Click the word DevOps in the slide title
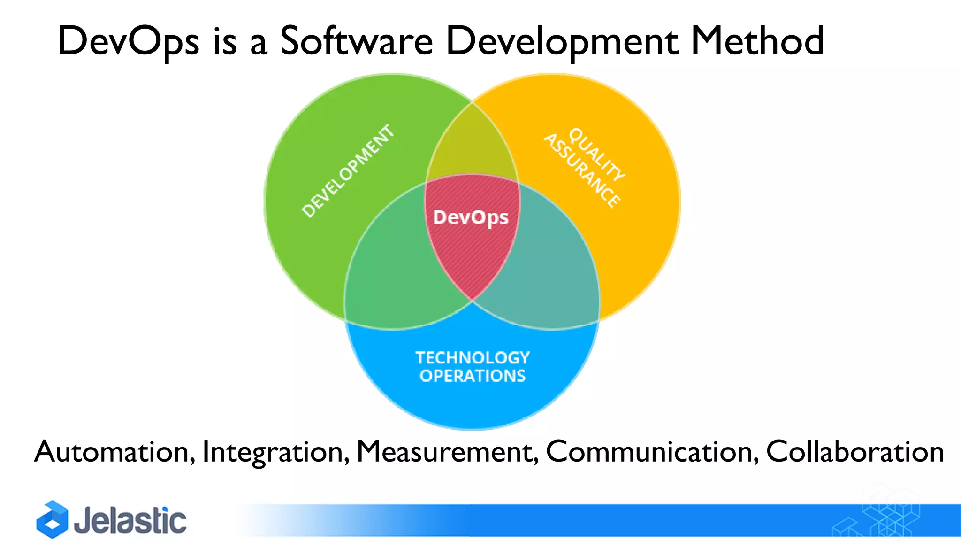(x=128, y=41)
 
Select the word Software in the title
(x=356, y=41)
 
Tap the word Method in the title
(x=757, y=41)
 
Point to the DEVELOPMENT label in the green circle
(x=348, y=171)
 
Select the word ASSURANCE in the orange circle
(x=582, y=170)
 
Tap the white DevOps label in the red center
(x=471, y=217)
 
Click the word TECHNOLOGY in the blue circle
(x=473, y=358)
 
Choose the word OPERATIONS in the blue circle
(x=473, y=376)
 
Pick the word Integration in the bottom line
(x=276, y=452)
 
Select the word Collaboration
(x=855, y=452)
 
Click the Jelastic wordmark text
(x=130, y=520)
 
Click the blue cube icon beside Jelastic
(x=53, y=519)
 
